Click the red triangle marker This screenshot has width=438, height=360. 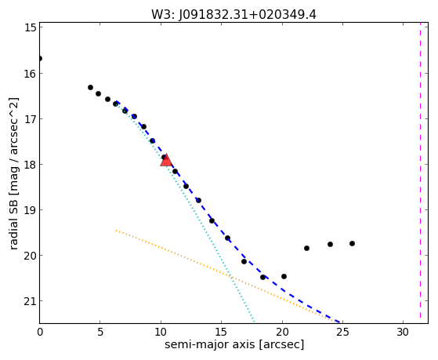(x=166, y=160)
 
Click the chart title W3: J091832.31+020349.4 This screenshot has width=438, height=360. (x=233, y=15)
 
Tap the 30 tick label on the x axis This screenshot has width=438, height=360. (x=403, y=332)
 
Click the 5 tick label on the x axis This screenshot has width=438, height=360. (x=100, y=332)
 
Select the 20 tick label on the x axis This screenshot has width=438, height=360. (x=282, y=332)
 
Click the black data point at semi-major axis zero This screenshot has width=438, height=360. (x=40, y=59)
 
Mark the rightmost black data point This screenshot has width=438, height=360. (x=352, y=244)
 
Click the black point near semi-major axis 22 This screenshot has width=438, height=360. (x=306, y=248)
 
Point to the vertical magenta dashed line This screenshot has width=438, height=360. (x=420, y=173)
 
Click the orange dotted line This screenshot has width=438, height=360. (x=226, y=275)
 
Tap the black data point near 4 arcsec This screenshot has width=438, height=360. (x=90, y=88)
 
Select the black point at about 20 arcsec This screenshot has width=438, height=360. (x=284, y=276)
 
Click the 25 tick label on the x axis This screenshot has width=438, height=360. (x=342, y=332)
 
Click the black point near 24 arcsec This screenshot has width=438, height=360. (x=330, y=244)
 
